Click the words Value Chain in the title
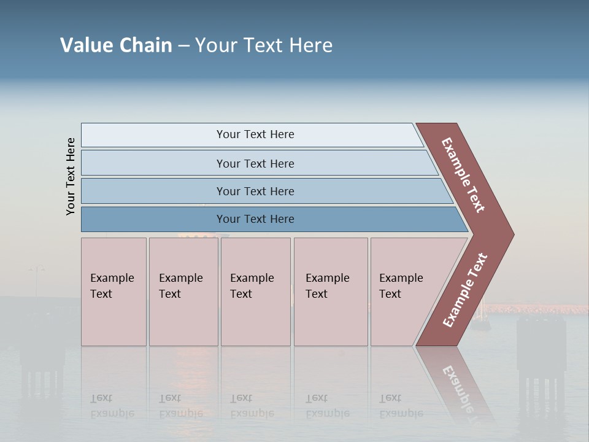coord(116,45)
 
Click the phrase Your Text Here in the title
coord(264,45)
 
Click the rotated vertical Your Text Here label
coord(71,176)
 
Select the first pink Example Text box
coord(114,292)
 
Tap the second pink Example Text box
coord(183,292)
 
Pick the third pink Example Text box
coord(255,292)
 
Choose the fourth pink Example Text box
coord(330,292)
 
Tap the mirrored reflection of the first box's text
coord(112,406)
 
